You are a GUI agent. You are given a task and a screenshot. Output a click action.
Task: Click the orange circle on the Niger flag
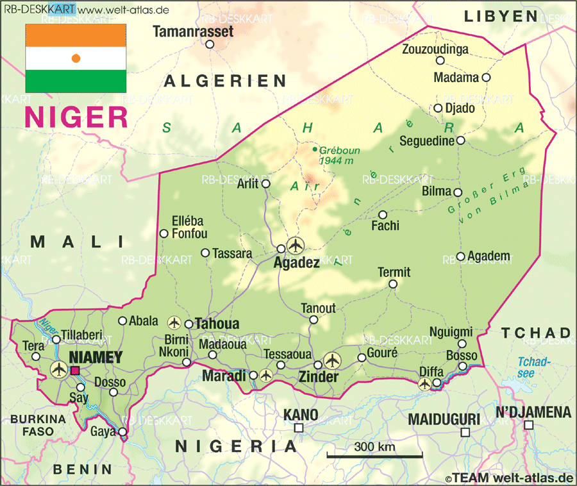coord(76,58)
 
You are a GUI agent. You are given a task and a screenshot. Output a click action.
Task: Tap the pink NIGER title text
coord(76,118)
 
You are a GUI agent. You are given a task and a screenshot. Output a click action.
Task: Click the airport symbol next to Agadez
coord(296,245)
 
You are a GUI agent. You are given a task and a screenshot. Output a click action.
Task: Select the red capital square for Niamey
coord(75,370)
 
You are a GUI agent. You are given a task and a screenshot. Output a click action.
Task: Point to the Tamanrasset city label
coord(193,31)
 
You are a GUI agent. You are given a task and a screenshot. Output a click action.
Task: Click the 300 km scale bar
coord(374,457)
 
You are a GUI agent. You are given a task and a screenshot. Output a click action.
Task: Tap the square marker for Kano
coord(299,428)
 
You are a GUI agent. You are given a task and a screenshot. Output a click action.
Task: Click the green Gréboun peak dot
coord(314,149)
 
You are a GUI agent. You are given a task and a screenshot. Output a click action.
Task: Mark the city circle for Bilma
coord(458,192)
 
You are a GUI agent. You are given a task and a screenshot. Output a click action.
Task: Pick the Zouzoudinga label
coord(435,49)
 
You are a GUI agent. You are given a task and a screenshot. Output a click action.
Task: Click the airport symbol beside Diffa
coord(424,383)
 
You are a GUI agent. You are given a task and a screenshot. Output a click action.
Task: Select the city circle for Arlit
coord(266,184)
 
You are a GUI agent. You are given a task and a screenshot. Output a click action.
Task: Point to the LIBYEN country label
coord(501,15)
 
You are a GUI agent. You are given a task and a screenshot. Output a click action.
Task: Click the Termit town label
coord(394,272)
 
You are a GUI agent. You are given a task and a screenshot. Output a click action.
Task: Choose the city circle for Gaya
coord(122,432)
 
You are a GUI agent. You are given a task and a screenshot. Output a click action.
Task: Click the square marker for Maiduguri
coord(465,433)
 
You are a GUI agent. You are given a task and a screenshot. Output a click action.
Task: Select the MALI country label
coord(77,242)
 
